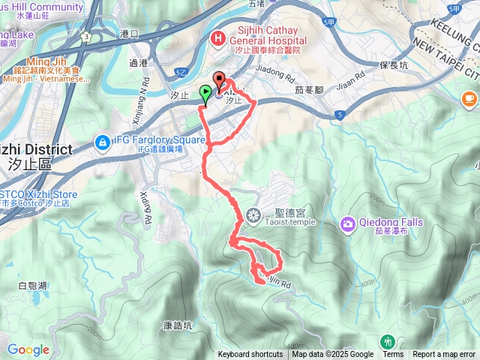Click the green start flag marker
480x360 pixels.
[x=205, y=94]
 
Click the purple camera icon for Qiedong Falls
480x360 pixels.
[x=348, y=223]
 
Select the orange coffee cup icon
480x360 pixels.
[x=469, y=98]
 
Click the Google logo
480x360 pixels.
[x=28, y=349]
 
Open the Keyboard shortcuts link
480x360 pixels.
[x=250, y=355]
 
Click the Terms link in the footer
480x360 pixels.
[x=393, y=355]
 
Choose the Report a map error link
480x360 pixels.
[x=444, y=355]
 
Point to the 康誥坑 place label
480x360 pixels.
[x=178, y=326]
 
